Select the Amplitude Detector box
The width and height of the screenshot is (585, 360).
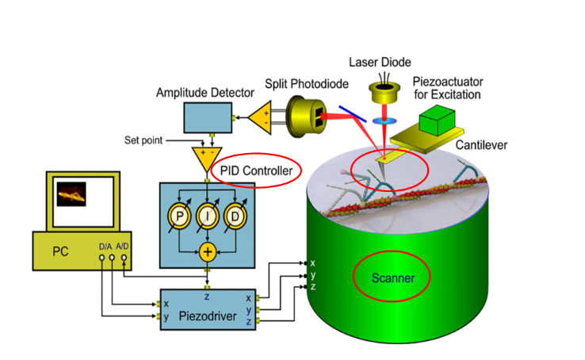tap(207, 117)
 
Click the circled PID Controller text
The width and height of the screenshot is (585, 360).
tap(257, 170)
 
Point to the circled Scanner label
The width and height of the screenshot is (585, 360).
tap(393, 278)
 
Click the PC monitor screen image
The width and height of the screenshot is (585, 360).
tap(71, 193)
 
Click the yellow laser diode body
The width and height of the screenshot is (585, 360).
tap(384, 94)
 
